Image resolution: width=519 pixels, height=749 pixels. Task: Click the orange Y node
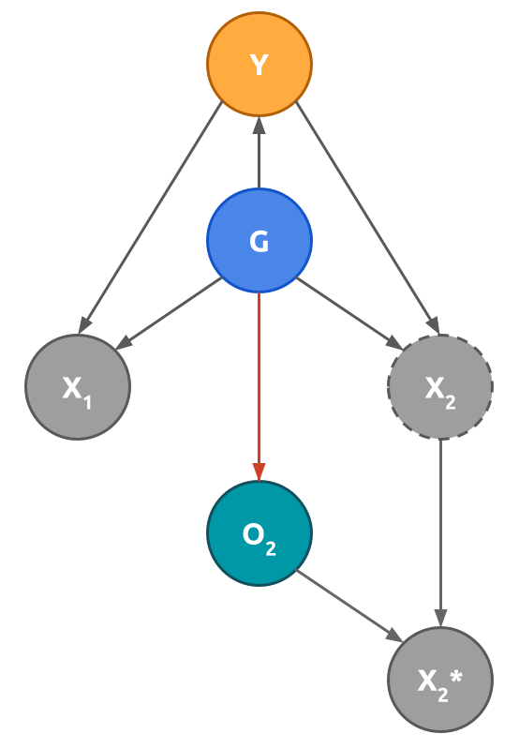[259, 64]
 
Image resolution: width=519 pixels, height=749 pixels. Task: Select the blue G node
[259, 240]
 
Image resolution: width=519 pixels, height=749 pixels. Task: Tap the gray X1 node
[77, 386]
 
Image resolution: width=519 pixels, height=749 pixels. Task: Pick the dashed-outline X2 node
[440, 386]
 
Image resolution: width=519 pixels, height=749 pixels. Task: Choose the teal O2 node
[259, 532]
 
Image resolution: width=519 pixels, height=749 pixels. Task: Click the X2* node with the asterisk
[440, 679]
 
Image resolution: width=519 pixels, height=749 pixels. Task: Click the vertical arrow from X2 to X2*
[440, 530]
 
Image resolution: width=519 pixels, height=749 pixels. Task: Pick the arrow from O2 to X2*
[348, 606]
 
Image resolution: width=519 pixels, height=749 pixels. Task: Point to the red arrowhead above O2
[259, 472]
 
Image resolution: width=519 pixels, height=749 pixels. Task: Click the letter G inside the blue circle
[259, 242]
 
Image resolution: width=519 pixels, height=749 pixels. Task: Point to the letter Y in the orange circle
[259, 66]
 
